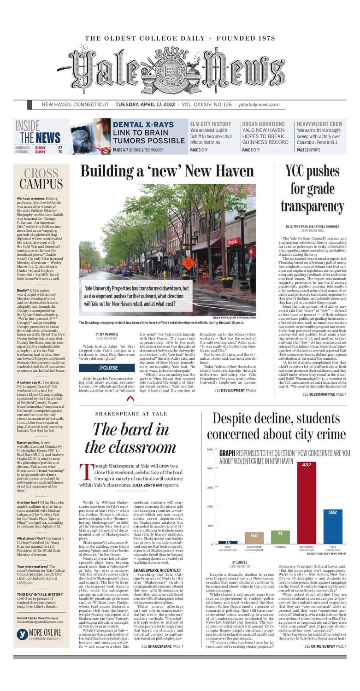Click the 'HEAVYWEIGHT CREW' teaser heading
319,124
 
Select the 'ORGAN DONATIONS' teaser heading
263,124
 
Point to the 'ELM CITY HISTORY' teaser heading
211,124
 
